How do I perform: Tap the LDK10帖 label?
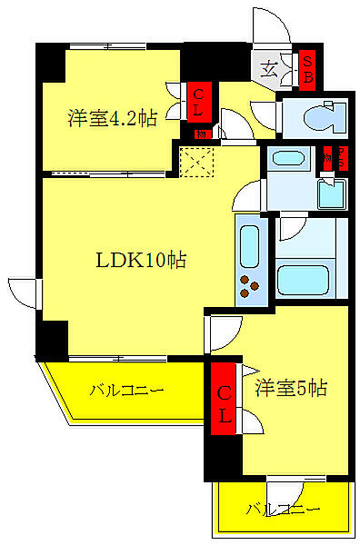(x=142, y=259)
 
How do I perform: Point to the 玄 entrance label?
(x=270, y=67)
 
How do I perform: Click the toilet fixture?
(x=317, y=116)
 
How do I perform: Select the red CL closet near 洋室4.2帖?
(x=195, y=100)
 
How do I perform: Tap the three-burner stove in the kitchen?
(x=249, y=288)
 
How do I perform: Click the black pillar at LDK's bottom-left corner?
(x=52, y=341)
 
